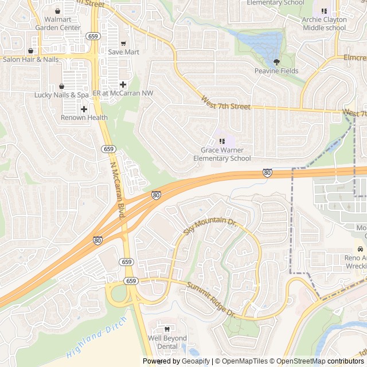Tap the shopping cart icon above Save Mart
click(x=123, y=44)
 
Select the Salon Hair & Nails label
click(x=31, y=59)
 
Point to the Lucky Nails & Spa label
click(x=61, y=95)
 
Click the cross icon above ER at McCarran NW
click(x=123, y=84)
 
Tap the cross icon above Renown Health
click(x=84, y=109)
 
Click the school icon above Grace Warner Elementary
click(x=222, y=141)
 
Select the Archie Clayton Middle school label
click(x=324, y=24)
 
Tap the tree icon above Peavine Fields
click(x=276, y=62)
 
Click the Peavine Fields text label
click(x=276, y=71)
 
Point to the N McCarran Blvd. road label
click(x=118, y=189)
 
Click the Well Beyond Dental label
click(x=167, y=342)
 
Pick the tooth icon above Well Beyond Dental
click(x=167, y=329)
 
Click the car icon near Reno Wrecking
click(x=360, y=249)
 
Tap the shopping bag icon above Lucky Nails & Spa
click(x=61, y=86)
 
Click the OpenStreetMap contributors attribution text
click(x=327, y=361)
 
